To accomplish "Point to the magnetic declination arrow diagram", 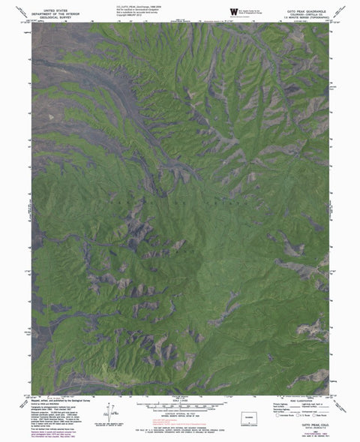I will [x=113, y=410].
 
